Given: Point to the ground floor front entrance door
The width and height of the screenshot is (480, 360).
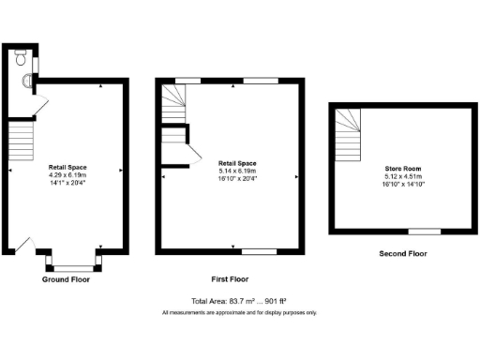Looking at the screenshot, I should pos(21,246).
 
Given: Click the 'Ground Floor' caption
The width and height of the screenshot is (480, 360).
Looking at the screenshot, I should pos(67,279).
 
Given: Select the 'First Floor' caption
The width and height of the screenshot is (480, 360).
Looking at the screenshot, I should pos(230,279).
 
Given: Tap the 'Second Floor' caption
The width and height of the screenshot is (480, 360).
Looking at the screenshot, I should pos(402,253).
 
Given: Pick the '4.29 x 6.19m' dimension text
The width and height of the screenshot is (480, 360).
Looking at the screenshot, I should pos(67,174).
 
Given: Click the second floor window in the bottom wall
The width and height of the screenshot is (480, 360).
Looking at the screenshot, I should pos(424,231).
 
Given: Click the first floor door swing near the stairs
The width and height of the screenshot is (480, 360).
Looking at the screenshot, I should pos(194,156).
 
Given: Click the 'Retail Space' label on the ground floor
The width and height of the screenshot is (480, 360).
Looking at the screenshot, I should pos(67,167).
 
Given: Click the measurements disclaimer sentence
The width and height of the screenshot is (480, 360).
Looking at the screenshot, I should pos(239,312).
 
